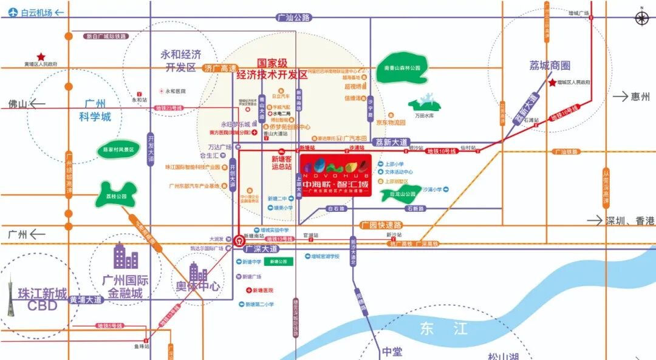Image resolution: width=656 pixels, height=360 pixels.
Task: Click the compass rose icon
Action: (x=642, y=18)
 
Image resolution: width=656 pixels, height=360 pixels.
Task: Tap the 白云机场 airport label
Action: (x=36, y=12)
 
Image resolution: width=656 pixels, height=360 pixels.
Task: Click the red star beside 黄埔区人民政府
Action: (x=42, y=56)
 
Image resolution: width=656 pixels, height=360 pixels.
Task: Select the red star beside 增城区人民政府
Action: (x=552, y=83)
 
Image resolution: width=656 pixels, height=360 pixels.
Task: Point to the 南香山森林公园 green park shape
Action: (x=398, y=68)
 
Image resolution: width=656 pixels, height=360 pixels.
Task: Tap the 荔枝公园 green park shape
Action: (x=114, y=195)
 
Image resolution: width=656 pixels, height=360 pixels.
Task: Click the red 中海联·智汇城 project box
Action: (x=337, y=173)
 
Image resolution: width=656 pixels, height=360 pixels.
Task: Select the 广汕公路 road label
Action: (x=293, y=18)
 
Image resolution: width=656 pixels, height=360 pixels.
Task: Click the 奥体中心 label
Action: (x=198, y=285)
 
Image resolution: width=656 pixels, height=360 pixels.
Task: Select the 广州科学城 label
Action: (x=95, y=110)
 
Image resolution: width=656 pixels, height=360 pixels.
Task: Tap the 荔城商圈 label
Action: (x=549, y=66)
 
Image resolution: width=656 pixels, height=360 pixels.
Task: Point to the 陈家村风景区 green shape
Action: (x=118, y=149)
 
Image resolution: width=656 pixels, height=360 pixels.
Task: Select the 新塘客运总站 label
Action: (x=281, y=162)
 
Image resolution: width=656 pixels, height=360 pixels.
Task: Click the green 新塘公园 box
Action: (x=282, y=261)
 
